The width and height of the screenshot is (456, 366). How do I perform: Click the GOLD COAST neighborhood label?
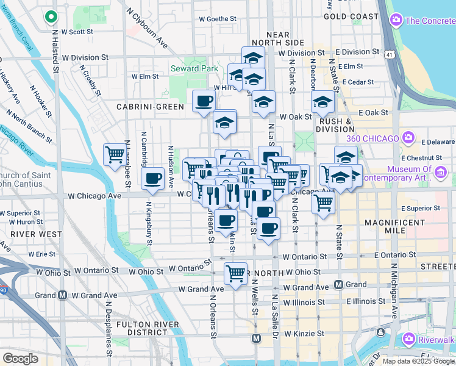tap(351, 16)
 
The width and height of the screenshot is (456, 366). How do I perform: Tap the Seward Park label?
tap(194, 68)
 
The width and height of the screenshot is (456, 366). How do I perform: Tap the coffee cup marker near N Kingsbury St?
tap(152, 179)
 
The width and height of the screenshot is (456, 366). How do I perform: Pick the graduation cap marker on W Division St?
tap(253, 59)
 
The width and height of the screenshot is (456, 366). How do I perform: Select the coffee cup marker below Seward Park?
tap(204, 101)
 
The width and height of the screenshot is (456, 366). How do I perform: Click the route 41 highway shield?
tap(388, 54)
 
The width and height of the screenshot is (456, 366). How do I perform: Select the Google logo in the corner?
tap(20, 359)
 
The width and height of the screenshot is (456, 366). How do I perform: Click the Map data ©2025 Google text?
tap(418, 361)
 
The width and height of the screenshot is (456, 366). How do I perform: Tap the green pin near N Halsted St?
tap(51, 18)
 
